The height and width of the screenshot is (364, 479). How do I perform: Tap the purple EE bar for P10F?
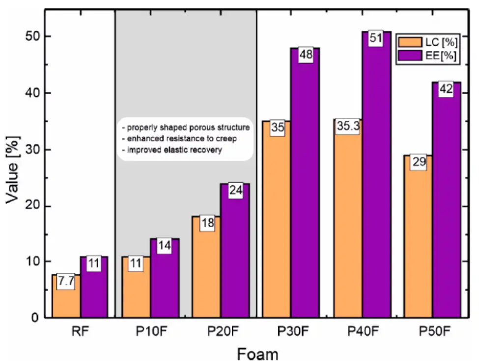(x=165, y=285)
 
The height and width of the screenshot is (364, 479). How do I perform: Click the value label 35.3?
(x=348, y=127)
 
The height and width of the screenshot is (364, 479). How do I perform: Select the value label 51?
(x=376, y=38)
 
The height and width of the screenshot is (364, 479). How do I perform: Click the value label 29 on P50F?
(x=419, y=162)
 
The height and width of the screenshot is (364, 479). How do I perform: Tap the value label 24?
(x=236, y=190)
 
